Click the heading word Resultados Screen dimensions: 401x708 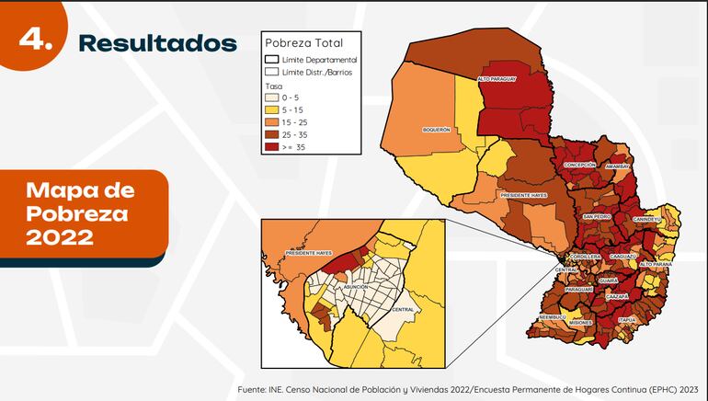157,42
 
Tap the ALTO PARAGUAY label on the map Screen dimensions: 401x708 497,79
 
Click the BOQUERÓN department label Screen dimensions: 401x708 436,130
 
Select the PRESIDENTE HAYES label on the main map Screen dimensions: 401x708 524,195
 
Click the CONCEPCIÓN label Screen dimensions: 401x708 580,164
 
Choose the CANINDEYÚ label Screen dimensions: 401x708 646,220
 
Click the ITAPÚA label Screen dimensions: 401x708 626,319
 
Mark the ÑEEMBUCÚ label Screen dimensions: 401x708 552,316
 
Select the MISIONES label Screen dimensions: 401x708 580,323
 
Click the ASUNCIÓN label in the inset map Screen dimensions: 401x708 354,287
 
